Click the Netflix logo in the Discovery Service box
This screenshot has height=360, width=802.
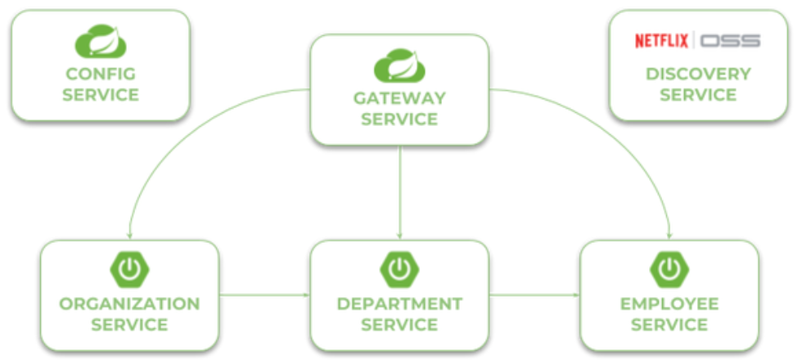[x=662, y=41]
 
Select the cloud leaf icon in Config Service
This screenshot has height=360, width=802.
[x=100, y=42]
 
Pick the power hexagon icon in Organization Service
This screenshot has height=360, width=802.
[x=128, y=270]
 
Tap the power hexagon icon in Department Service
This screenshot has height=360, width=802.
[x=399, y=270]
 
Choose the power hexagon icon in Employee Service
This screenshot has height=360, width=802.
[x=669, y=270]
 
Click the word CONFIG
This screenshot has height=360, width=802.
[x=101, y=74]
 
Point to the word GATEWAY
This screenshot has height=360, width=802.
[x=399, y=99]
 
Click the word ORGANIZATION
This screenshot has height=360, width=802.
[x=129, y=304]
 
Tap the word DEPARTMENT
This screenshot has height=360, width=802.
[x=399, y=304]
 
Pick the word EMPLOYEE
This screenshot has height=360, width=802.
[x=669, y=304]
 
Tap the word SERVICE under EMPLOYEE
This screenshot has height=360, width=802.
[x=669, y=325]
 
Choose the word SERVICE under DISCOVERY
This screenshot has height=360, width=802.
[x=698, y=95]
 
